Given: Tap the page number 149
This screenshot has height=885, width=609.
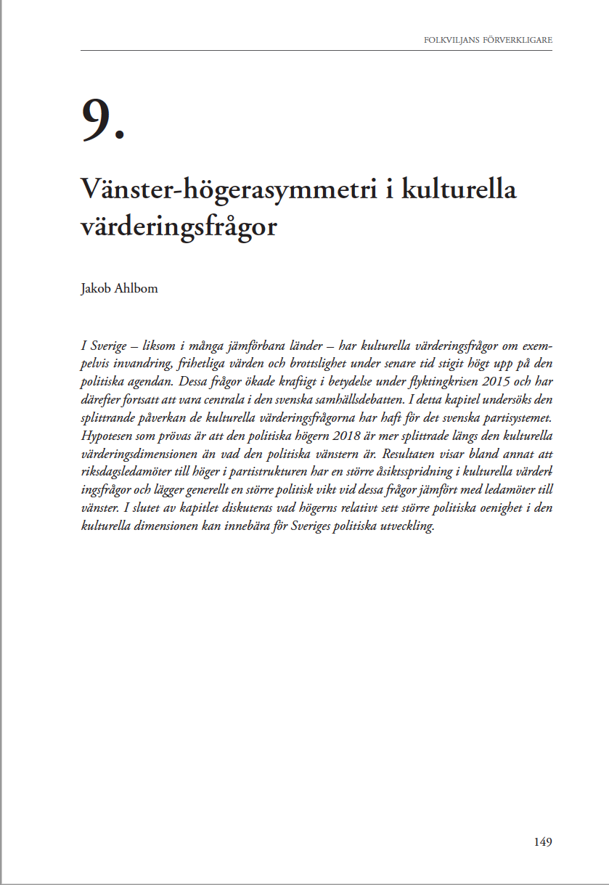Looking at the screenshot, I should (542, 842).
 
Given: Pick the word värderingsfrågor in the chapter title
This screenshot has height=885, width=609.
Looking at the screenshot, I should (179, 226).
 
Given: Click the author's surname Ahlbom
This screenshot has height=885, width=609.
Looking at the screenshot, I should (136, 288).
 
